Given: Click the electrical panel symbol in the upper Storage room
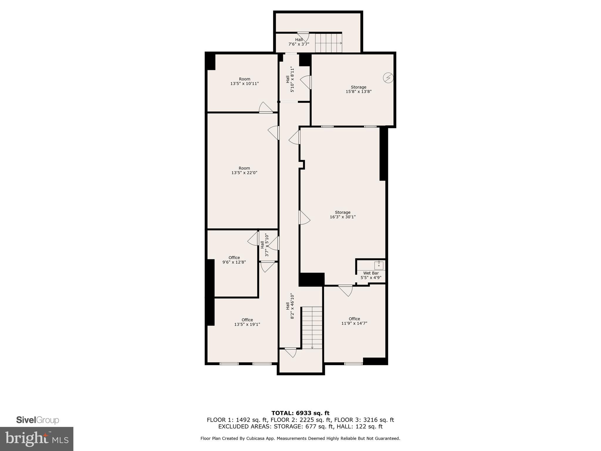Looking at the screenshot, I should (x=388, y=78).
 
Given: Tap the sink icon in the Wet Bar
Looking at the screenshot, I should (x=379, y=265).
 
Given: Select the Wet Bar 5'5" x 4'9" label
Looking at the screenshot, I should (x=371, y=275).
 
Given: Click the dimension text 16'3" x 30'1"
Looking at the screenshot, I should (x=342, y=217).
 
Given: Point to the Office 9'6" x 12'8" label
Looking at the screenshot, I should (x=234, y=260).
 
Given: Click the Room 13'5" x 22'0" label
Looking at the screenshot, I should (x=244, y=171).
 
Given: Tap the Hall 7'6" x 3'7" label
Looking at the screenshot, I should (x=299, y=42).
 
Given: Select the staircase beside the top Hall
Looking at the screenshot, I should (x=328, y=43).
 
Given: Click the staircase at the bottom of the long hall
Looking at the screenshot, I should (x=312, y=327).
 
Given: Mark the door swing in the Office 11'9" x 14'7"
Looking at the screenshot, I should (x=346, y=291).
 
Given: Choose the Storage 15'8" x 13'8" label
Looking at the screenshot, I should (x=358, y=89).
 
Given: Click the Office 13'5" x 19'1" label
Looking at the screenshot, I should (x=247, y=322).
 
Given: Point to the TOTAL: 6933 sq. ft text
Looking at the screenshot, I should (x=300, y=413).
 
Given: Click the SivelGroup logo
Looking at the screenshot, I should (x=38, y=420).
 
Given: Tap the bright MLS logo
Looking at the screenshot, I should (x=37, y=439).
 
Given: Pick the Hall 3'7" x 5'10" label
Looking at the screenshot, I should (x=264, y=245).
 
